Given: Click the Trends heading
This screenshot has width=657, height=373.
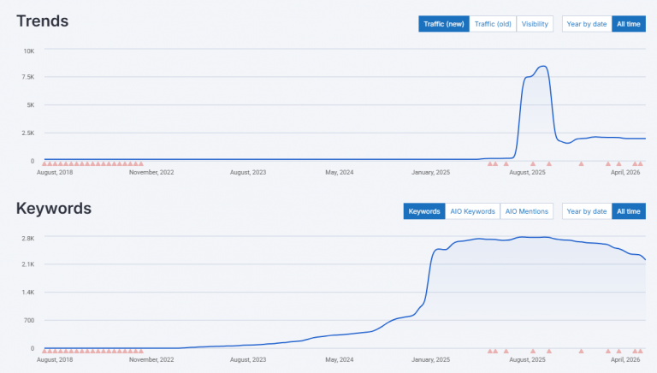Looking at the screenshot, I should tap(42, 21).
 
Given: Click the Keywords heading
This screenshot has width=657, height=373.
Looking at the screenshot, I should tap(53, 208).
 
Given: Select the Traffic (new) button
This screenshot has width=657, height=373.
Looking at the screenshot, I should tap(444, 24).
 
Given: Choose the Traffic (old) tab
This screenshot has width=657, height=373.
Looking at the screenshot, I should tap(493, 24).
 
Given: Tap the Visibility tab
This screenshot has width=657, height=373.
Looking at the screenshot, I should tap(535, 24).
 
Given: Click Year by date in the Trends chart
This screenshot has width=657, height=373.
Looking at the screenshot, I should tap(587, 24).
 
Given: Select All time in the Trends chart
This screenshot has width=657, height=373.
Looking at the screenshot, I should tap(629, 24).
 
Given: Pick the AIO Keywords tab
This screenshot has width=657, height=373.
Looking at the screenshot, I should tap(473, 211).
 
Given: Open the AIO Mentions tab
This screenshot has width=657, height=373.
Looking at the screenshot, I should tap(527, 211).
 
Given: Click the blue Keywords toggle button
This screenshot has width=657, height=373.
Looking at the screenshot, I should tap(424, 211).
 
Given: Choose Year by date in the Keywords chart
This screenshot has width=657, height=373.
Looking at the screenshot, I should tap(587, 211).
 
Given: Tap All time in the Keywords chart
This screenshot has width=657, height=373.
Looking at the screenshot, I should tap(629, 211).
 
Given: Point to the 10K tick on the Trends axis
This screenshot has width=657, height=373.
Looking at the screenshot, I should tap(28, 50).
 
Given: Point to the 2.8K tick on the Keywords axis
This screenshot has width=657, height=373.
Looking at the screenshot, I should tap(27, 238).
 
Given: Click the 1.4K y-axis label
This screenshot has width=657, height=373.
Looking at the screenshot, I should tap(27, 293).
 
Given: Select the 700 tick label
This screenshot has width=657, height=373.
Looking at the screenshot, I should tap(28, 321).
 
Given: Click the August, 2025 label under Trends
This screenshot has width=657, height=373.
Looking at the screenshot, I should tap(527, 172).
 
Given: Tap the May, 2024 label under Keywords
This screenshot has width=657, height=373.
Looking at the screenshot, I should tap(340, 360).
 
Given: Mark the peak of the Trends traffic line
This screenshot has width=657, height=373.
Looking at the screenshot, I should tap(542, 66).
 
